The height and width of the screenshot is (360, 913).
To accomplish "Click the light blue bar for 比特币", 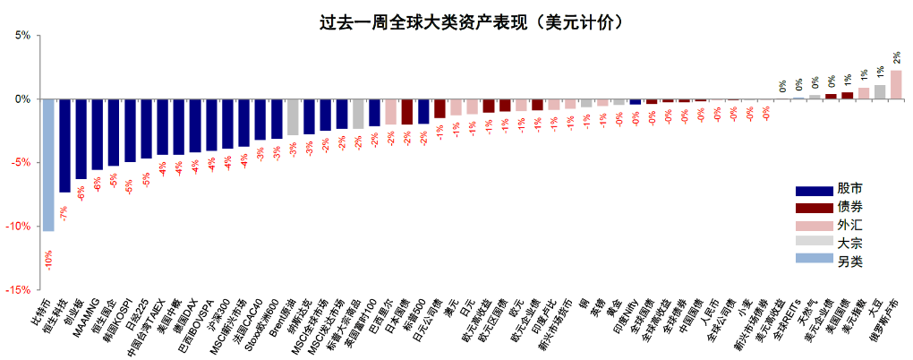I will click(48, 165).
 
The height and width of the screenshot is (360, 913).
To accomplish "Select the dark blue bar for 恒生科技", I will click(64, 145).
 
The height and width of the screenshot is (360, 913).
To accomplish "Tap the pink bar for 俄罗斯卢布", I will click(896, 84).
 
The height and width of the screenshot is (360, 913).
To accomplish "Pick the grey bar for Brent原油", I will click(292, 116).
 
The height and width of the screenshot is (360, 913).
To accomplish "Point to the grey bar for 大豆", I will click(880, 91).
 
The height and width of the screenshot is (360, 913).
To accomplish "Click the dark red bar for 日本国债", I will click(406, 111).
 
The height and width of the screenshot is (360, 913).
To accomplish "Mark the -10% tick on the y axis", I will click(18, 227).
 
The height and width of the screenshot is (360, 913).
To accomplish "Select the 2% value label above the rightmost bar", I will click(896, 56).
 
